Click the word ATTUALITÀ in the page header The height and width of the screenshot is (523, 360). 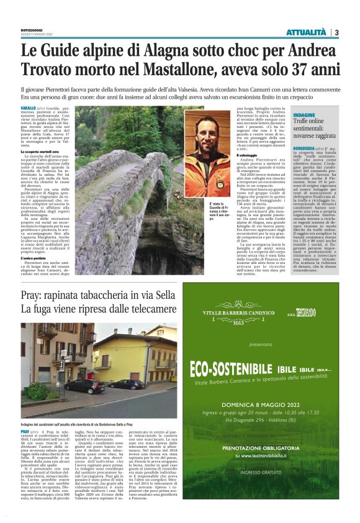[306, 32]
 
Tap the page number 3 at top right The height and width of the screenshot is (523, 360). [336, 32]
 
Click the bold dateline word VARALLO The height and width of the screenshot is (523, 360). [28, 108]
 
